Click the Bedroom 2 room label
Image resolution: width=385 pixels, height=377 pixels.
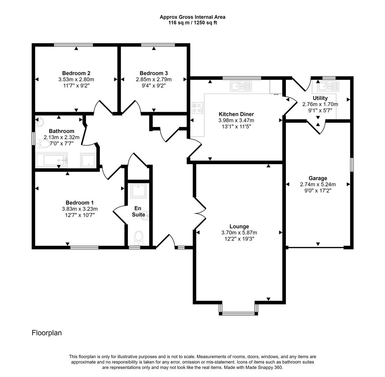(76, 73)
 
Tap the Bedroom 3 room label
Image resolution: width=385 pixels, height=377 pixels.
(154, 73)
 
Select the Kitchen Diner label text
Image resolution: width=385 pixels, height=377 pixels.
(236, 114)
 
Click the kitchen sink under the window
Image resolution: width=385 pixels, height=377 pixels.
(240, 86)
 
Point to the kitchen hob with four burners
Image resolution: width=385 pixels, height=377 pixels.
(197, 108)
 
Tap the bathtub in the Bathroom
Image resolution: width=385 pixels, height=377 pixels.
(51, 161)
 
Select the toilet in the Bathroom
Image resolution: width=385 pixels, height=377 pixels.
(42, 143)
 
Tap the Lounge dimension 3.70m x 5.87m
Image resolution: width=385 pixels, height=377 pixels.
(239, 233)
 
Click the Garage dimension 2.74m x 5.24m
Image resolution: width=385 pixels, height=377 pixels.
(318, 185)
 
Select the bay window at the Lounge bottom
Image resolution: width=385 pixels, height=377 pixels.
(239, 313)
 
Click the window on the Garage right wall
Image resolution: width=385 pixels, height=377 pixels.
(351, 165)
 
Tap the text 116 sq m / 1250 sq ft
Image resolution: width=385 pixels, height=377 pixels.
(193, 23)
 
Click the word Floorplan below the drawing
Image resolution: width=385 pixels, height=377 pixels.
(47, 333)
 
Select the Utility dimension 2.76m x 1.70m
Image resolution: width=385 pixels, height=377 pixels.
(320, 104)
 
